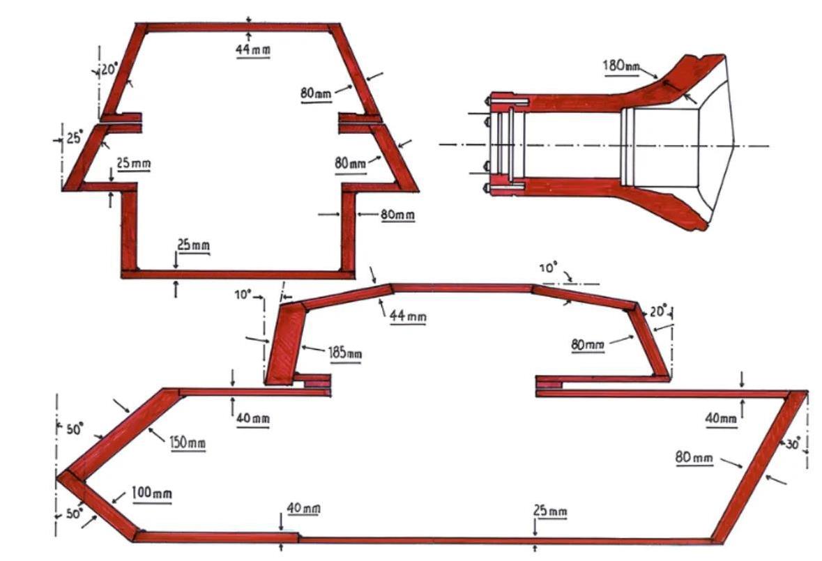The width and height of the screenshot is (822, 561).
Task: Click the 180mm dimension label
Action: tap(621, 66)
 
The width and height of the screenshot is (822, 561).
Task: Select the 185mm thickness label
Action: tap(344, 353)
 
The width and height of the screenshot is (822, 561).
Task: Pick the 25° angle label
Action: tap(74, 138)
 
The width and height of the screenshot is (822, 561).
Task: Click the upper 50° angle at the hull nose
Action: tap(75, 429)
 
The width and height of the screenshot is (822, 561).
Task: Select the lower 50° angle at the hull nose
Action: tap(74, 514)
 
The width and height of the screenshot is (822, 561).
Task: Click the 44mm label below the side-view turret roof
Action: tap(407, 316)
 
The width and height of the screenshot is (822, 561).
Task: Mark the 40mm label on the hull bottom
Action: tap(303, 508)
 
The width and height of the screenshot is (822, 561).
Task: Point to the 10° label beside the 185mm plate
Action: tap(243, 295)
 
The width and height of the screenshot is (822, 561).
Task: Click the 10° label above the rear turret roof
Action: tap(548, 268)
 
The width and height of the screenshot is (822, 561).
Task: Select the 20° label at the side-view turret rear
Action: tap(658, 311)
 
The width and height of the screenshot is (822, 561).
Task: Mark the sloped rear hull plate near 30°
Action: tap(760, 465)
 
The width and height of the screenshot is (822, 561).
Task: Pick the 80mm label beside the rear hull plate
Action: tap(694, 458)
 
